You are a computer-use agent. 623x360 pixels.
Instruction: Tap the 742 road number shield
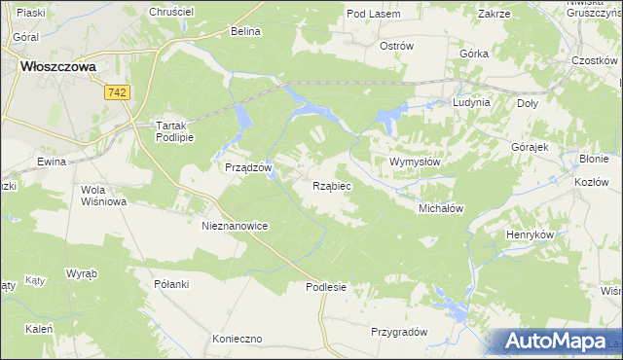(x=118, y=91)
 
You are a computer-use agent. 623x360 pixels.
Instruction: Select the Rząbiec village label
(x=332, y=184)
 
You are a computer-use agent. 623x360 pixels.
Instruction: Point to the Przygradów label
(x=399, y=332)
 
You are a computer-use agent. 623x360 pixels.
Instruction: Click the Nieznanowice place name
(x=235, y=225)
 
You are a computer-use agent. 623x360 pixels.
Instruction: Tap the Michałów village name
(x=440, y=208)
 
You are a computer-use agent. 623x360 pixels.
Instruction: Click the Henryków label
(x=531, y=234)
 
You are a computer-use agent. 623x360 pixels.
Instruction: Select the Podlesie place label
(x=326, y=287)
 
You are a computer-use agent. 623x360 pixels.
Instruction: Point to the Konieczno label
(x=238, y=339)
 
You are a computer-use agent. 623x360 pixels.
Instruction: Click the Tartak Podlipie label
(x=176, y=131)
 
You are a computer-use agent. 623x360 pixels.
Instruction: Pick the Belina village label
(x=246, y=31)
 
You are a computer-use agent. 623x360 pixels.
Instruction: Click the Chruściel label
(x=171, y=11)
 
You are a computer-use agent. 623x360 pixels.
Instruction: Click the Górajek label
(x=531, y=146)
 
